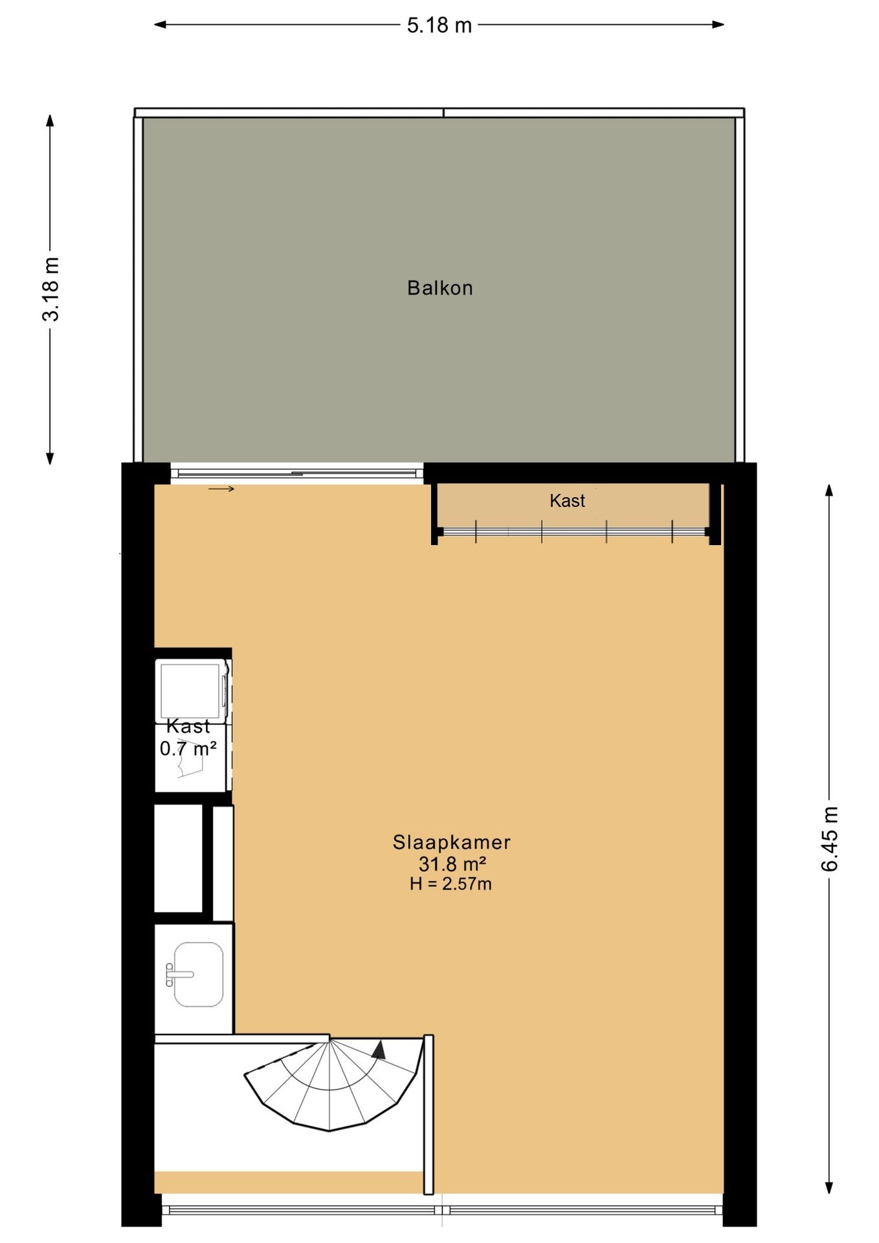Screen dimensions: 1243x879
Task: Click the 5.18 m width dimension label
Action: (439, 26)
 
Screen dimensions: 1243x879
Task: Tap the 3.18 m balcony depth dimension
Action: (50, 289)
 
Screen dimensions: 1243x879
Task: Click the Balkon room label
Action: (439, 288)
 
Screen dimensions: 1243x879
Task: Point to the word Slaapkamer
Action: (451, 842)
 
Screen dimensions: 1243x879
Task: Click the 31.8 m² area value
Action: (452, 864)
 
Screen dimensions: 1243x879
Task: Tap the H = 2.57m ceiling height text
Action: (451, 884)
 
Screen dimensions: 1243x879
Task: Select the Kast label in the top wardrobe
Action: (567, 500)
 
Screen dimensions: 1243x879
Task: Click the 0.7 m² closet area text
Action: (188, 749)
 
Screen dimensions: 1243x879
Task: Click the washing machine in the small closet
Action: (191, 690)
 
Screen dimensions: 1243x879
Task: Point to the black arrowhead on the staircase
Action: (379, 1050)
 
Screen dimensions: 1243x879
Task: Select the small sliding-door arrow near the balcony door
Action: (221, 489)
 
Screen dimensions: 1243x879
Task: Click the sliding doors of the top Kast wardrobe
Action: (573, 532)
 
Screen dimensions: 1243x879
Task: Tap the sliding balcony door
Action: (296, 473)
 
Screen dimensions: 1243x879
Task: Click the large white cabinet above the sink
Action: (178, 858)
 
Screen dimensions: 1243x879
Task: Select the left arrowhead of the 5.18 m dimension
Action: (159, 25)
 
